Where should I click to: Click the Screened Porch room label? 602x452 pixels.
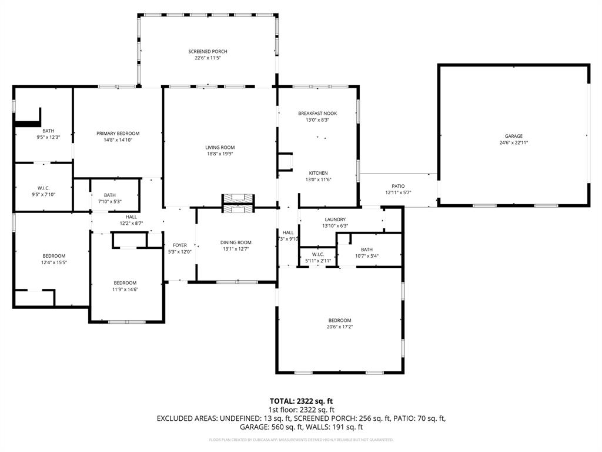[208, 52]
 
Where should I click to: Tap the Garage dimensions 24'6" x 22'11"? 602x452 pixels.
[514, 142]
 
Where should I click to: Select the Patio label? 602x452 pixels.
[399, 186]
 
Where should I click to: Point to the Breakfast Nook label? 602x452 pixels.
[317, 113]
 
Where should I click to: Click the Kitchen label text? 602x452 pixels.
[318, 173]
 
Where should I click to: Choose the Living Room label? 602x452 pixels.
[220, 147]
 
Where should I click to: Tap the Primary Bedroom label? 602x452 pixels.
[118, 134]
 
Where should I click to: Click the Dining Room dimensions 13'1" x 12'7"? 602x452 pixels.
[236, 249]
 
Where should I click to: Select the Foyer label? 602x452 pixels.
[179, 245]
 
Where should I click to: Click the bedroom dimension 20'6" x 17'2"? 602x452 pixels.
[340, 327]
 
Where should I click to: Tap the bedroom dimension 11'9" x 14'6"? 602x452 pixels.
[125, 289]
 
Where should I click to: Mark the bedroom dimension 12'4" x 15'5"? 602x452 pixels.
[54, 262]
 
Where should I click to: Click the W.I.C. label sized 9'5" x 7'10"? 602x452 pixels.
[43, 188]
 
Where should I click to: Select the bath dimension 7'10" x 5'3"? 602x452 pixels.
[109, 201]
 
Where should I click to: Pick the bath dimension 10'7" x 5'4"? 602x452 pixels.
[366, 256]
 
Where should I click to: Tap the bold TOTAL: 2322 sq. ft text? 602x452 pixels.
[301, 401]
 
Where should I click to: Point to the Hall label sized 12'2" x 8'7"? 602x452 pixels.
[131, 217]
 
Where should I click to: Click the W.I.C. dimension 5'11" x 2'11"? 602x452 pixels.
[318, 260]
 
